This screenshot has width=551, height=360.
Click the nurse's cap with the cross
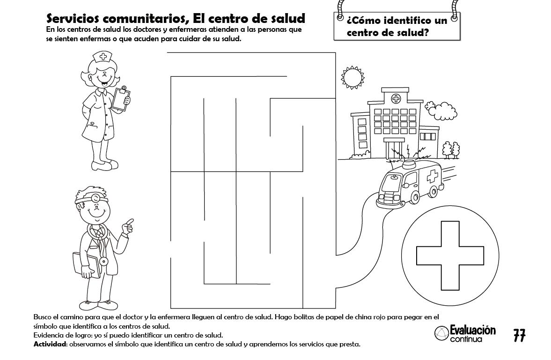(102, 57)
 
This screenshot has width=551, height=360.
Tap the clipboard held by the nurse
(122, 98)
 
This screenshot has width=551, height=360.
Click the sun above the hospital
(353, 77)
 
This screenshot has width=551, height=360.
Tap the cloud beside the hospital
(441, 110)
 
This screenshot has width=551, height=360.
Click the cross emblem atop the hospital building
(396, 99)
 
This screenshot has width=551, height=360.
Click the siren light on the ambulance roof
(410, 163)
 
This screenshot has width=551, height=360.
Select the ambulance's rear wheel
(433, 192)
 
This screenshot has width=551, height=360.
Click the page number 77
(519, 335)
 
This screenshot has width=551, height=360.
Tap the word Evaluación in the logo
(473, 330)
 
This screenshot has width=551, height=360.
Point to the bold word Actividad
(50, 344)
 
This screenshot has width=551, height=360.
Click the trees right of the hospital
(451, 150)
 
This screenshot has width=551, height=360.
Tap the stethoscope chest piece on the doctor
(103, 261)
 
